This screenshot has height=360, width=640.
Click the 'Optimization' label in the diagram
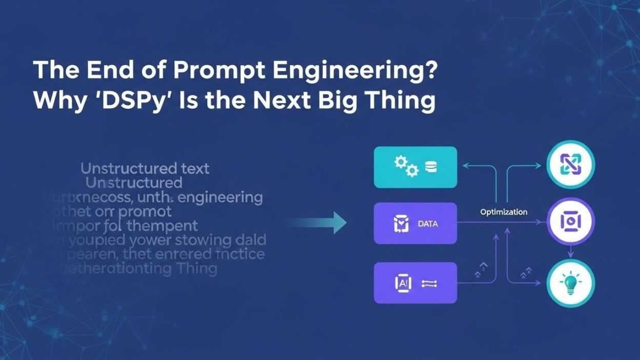[x=504, y=212]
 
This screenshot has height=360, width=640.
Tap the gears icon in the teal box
[x=405, y=167]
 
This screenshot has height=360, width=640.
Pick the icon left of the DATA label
[x=400, y=223]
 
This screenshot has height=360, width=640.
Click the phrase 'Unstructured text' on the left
[x=145, y=168]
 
